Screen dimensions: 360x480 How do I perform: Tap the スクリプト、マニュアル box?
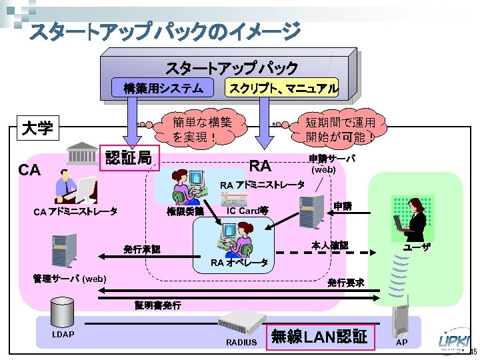click(x=283, y=87)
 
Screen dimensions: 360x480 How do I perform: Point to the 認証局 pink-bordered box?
click(x=130, y=158)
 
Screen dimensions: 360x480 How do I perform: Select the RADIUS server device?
click(x=238, y=325)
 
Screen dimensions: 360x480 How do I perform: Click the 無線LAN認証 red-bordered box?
click(x=320, y=337)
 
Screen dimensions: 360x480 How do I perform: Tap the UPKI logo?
click(x=453, y=341)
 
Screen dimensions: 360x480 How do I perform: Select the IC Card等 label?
click(x=247, y=211)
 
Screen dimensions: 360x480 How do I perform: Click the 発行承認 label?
click(x=141, y=249)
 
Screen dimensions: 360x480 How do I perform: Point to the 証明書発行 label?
click(x=157, y=305)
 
